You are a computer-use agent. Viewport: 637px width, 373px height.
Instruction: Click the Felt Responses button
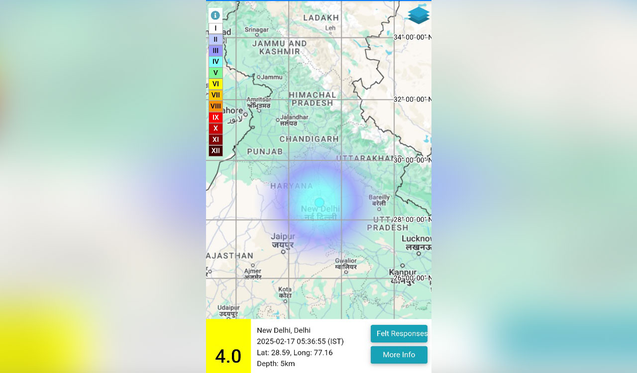(x=399, y=334)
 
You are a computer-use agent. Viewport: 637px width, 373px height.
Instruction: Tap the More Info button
(x=399, y=355)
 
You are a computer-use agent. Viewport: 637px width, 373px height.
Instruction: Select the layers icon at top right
(x=419, y=15)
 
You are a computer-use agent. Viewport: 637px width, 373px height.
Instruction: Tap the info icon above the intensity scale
(x=215, y=15)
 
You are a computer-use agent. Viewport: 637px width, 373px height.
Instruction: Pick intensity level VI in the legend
(x=215, y=84)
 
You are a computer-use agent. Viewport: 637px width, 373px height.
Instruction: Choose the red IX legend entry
(x=215, y=117)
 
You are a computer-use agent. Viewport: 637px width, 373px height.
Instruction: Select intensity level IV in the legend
(x=215, y=62)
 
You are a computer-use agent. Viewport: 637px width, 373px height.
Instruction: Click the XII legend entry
(x=215, y=151)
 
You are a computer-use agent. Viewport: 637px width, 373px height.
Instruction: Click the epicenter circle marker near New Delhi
(x=319, y=202)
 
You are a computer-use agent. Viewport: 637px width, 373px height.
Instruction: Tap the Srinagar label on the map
(x=257, y=29)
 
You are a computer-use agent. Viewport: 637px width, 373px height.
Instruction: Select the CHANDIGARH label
(x=309, y=139)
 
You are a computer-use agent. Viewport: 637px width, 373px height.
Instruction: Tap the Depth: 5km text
(x=276, y=364)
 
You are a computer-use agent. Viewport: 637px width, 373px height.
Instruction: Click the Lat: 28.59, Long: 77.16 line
(x=295, y=353)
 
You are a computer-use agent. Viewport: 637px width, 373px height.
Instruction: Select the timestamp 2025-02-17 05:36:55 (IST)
(x=300, y=341)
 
